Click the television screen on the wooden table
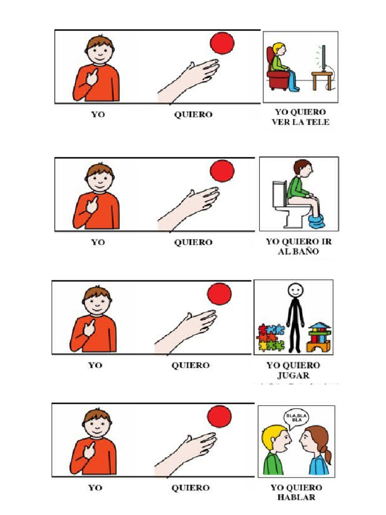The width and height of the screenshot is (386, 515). [324, 59]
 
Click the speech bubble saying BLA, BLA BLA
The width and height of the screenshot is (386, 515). [297, 417]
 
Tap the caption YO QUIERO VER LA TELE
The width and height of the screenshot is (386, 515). [301, 117]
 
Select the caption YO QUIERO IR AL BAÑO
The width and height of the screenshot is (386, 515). [299, 246]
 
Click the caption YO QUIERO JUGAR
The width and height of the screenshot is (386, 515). [293, 370]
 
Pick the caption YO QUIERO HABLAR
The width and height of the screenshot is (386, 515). [296, 492]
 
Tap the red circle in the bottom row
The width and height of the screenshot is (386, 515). [220, 417]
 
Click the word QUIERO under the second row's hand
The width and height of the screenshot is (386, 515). [193, 242]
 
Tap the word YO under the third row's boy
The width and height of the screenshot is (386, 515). [95, 365]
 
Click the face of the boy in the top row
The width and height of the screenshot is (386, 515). [99, 53]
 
